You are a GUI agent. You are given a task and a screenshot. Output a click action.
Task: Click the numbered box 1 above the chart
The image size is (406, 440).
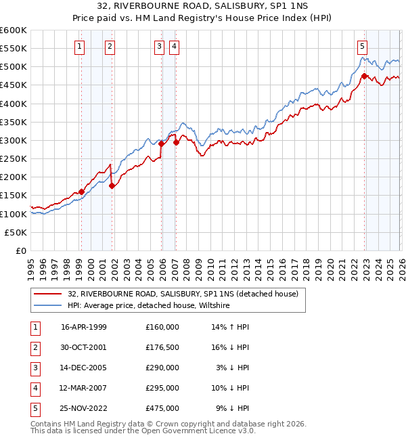pos(80,47)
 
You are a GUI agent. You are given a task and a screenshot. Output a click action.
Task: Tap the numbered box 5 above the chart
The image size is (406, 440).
pos(363,47)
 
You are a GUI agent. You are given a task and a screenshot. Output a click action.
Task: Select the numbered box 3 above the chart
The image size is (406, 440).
pos(159,47)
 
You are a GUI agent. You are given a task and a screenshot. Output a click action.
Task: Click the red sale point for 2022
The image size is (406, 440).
pos(364,76)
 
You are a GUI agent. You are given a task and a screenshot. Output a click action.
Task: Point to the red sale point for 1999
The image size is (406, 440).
pos(81,192)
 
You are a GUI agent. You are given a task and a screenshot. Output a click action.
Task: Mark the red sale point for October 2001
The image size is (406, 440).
pos(112,185)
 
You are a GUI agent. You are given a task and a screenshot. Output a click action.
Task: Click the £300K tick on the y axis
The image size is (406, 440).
pos(14,141)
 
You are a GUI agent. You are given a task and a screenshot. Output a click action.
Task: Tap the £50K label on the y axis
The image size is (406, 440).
pos(16,232)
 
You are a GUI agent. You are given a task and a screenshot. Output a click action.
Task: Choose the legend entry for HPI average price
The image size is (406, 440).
pos(149,306)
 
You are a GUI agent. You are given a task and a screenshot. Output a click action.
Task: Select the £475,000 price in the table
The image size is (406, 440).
pos(162,408)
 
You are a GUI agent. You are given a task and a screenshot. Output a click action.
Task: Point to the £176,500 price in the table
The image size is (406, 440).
pos(162,347)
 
